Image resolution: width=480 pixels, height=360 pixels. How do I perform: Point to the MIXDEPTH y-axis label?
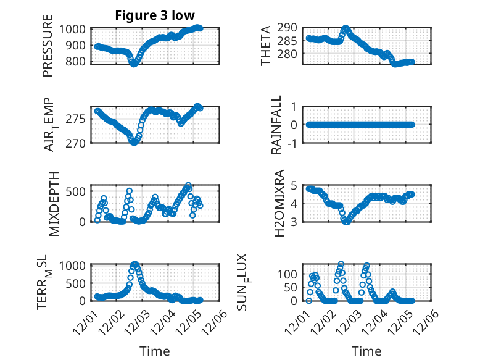point(54,204)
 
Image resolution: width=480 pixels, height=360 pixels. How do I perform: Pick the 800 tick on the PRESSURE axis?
point(78,61)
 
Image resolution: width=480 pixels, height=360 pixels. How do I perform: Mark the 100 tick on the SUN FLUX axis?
point(292,274)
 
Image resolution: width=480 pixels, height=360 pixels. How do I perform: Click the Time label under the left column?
point(154,351)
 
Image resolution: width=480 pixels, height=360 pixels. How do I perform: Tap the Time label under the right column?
point(366,351)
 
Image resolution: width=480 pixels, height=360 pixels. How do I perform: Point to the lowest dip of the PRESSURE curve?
point(134,64)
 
